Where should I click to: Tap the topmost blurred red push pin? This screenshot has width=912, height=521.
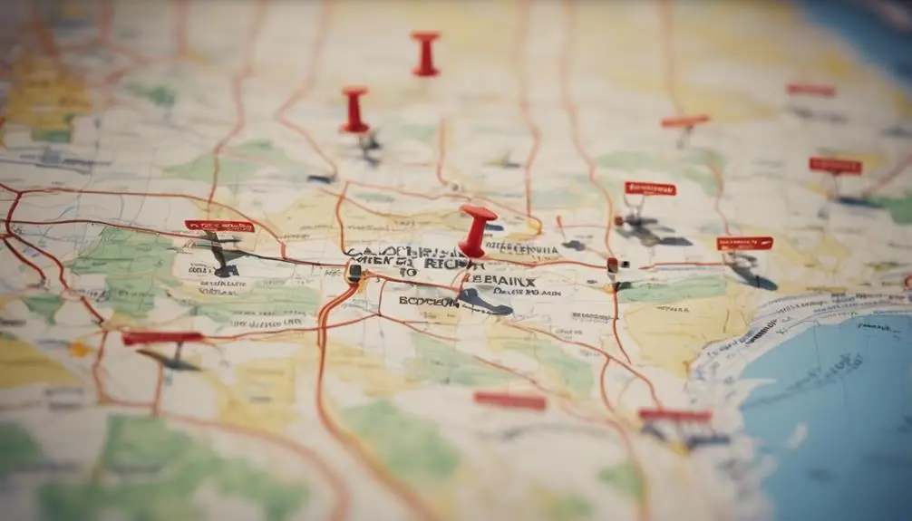tap(425, 53)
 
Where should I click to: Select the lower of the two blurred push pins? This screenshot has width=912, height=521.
tap(354, 110)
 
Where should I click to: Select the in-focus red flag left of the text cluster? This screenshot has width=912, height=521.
tap(219, 226)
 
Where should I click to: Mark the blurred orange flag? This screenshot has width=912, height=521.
tap(684, 121)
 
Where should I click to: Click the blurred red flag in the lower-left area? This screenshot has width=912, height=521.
tap(163, 338)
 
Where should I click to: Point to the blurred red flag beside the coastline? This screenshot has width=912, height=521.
tap(674, 416)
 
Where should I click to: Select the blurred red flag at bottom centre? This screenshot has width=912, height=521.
tap(509, 400)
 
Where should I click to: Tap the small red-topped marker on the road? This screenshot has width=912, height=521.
tap(613, 265)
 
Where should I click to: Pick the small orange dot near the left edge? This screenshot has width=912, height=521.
tap(80, 348)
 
